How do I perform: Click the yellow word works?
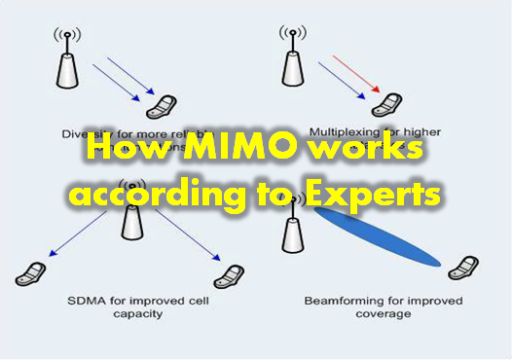[x=359, y=152]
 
